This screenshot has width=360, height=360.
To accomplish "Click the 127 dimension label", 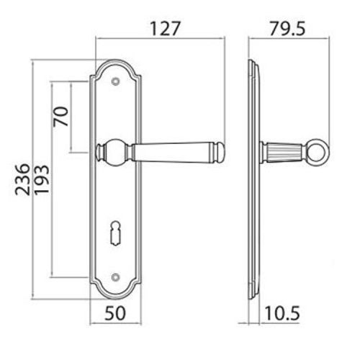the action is (165, 29).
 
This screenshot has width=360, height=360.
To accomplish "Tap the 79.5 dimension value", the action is (287, 29).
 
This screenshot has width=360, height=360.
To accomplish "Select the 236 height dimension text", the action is (23, 179).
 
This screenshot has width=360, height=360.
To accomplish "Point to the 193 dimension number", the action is (42, 179).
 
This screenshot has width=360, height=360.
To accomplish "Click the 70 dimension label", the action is (60, 117).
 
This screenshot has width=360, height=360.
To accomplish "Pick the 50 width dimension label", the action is (115, 313).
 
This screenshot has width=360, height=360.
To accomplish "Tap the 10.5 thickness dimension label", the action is (282, 313).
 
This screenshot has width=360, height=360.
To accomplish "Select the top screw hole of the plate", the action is (115, 81).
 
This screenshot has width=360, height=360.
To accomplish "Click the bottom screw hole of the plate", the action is (115, 277).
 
